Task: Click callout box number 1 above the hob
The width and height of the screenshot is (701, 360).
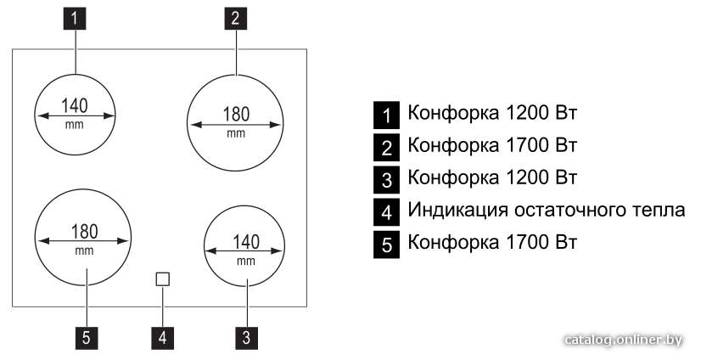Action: pos(75,19)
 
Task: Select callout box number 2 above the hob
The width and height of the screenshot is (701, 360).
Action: pos(236,19)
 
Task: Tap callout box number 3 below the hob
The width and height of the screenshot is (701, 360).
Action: pos(246,338)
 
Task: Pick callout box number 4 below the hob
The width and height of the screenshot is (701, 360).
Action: pos(163,338)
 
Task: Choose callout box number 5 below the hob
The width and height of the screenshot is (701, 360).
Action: pos(87,338)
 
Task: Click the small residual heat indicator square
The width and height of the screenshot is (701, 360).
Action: pos(163,279)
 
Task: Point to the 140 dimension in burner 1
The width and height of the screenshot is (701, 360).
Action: pos(75,106)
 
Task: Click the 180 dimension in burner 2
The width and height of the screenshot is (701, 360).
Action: pos(236,115)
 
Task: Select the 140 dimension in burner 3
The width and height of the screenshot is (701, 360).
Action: pos(246,242)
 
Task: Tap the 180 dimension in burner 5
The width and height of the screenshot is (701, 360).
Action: pos(85,232)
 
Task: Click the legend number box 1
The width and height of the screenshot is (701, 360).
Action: pos(387,115)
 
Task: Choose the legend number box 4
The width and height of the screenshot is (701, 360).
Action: pos(387,212)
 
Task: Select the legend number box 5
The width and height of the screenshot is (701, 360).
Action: pos(387,245)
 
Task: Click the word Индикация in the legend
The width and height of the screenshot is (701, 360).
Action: pos(457,211)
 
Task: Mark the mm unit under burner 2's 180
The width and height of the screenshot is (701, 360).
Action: pos(236,133)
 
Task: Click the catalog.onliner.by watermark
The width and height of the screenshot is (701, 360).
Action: pos(624,340)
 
